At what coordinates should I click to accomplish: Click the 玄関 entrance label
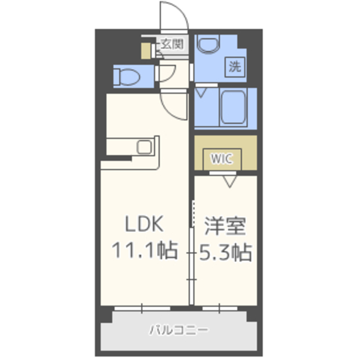click(172, 44)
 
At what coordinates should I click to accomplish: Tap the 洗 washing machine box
click(235, 67)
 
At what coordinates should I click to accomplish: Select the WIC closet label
click(222, 159)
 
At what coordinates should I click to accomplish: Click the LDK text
click(145, 224)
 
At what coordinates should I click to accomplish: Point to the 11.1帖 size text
click(145, 250)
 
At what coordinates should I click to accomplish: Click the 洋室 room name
click(225, 226)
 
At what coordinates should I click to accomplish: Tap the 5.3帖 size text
click(226, 253)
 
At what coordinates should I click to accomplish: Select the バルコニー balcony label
click(179, 330)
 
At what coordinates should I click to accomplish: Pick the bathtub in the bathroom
click(233, 107)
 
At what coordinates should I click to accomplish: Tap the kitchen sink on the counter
click(144, 147)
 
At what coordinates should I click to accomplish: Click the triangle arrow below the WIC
click(230, 182)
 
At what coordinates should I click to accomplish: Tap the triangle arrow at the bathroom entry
click(201, 93)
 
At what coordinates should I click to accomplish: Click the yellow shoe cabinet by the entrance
click(146, 51)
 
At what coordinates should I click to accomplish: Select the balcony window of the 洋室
click(220, 308)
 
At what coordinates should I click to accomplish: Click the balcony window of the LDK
click(142, 308)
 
